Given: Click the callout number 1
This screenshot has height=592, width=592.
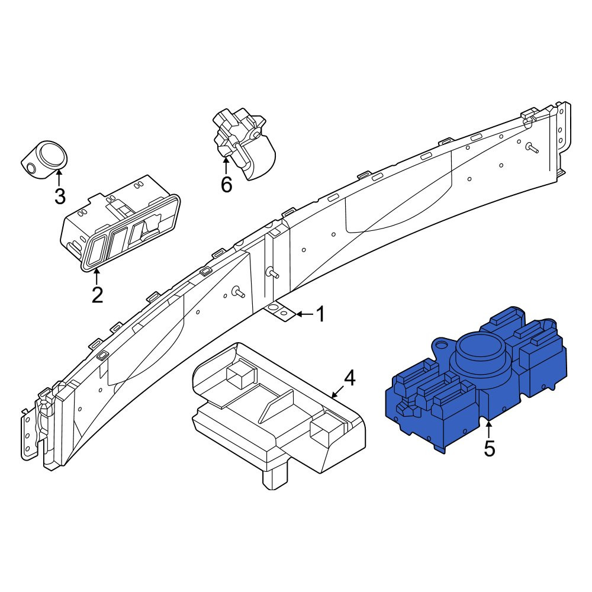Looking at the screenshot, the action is tap(320, 314).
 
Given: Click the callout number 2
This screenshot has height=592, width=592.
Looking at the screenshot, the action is tap(98, 295).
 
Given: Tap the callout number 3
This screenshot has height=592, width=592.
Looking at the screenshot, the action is tap(60, 196).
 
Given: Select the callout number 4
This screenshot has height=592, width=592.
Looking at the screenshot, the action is tap(350, 378).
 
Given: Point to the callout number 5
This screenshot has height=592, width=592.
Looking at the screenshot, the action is tap(490, 449).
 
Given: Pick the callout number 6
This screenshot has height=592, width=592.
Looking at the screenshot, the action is tap(226, 185).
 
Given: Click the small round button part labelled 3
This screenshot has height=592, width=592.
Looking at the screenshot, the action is tap(44, 160).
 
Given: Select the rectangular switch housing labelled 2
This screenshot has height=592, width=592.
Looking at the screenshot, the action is tap(120, 223).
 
